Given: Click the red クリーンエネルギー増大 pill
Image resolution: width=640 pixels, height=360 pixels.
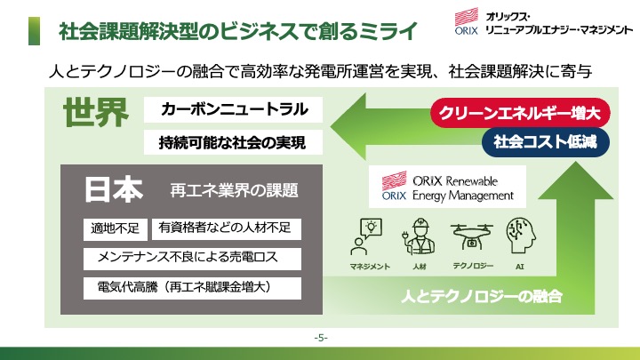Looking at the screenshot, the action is tap(520, 113).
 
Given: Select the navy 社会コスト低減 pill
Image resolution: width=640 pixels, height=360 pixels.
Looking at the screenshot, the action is tap(546, 142).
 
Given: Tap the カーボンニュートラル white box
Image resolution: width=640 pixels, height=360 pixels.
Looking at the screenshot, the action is tap(233, 109).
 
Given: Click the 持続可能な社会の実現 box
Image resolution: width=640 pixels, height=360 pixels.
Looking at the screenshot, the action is tap(233, 142).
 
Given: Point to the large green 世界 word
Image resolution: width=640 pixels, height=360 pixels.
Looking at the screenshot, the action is tap(96, 112).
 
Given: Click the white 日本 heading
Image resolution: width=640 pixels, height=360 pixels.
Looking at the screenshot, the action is tap(114, 190).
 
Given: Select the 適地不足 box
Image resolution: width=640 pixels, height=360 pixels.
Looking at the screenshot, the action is tap(115, 228).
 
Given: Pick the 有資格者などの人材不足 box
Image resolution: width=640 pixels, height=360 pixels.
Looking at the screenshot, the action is tap(227, 228).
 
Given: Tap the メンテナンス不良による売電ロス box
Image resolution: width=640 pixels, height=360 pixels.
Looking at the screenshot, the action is tap(192, 259).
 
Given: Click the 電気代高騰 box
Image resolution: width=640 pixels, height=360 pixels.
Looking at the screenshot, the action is tap(192, 288).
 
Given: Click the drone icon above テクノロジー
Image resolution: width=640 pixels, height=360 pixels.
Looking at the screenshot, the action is tap(472, 236).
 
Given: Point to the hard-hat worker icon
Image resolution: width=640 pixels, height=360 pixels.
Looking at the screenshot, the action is tap(419, 236).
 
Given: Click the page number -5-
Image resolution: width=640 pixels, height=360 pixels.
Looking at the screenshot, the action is tap(321, 338).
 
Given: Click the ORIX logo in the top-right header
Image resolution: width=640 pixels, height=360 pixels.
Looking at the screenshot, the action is tap(466, 21).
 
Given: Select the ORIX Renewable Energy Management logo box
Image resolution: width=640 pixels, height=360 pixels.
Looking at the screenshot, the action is tap(447, 187).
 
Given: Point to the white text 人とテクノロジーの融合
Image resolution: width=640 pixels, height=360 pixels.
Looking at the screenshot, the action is tap(482, 296).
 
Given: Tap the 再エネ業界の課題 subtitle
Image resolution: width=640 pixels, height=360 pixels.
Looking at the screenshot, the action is tap(235, 190).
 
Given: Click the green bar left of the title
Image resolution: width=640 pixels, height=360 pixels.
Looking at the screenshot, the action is tap(35, 31).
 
